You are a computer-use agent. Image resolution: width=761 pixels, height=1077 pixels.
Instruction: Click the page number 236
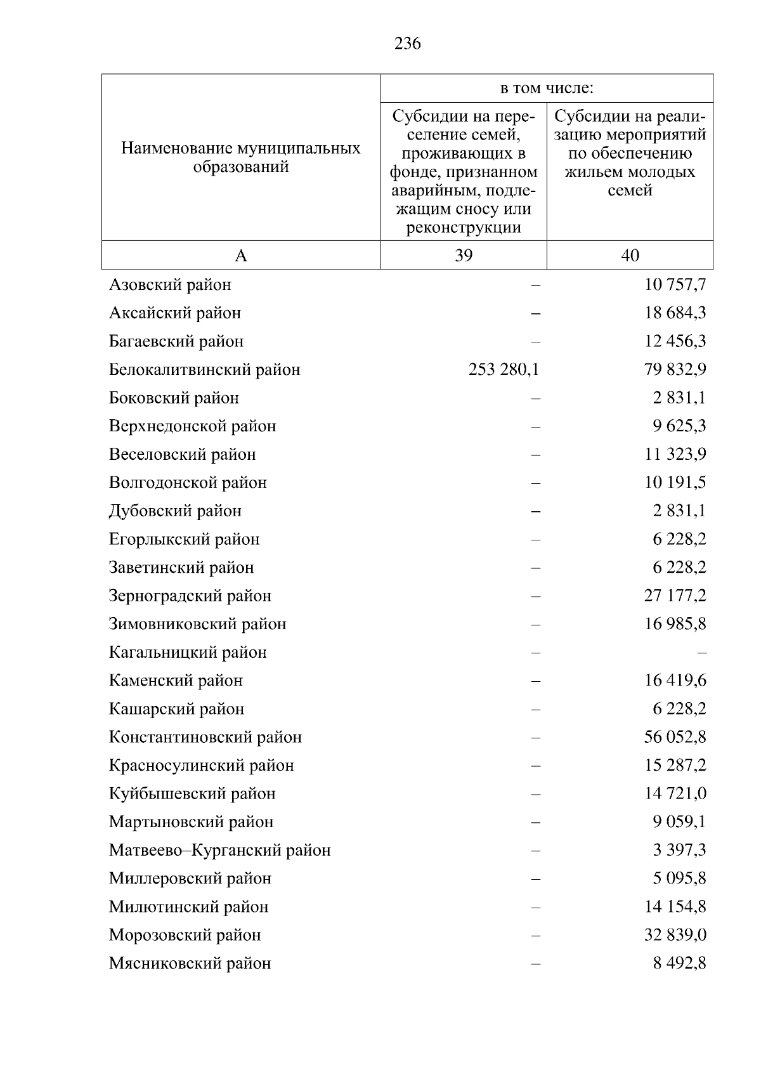(x=407, y=44)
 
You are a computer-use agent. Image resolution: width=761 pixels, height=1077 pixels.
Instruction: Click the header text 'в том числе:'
(x=547, y=88)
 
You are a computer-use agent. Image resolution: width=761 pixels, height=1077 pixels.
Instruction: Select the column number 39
(x=464, y=255)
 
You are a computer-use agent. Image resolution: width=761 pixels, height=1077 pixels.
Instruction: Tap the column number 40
(x=630, y=255)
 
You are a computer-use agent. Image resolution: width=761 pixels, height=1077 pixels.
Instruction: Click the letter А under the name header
(x=241, y=256)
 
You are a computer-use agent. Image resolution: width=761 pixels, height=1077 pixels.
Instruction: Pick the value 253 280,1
(x=504, y=370)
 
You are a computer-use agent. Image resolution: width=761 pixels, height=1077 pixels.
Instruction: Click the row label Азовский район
(x=170, y=285)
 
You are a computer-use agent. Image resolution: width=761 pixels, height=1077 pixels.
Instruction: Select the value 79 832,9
(x=675, y=370)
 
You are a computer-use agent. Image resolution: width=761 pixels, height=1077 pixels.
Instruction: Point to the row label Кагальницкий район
(x=188, y=653)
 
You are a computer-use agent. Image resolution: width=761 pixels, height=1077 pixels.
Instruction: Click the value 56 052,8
(x=675, y=737)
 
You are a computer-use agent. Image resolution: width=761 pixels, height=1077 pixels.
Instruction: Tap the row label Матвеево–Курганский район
(x=219, y=851)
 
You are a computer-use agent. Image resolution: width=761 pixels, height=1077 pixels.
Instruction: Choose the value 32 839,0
(x=675, y=936)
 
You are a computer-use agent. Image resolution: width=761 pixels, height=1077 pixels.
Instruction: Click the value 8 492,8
(x=679, y=963)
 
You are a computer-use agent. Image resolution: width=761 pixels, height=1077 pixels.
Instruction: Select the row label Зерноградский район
(x=190, y=596)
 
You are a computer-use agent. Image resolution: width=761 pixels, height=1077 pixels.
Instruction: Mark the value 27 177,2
(x=675, y=596)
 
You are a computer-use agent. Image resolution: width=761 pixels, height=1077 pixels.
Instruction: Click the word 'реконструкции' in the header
(x=464, y=228)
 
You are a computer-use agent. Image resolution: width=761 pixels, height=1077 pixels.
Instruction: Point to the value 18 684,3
(x=675, y=313)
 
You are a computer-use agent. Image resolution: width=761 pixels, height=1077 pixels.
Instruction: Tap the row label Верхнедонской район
(x=192, y=426)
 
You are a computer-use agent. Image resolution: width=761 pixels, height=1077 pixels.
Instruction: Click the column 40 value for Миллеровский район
(x=679, y=878)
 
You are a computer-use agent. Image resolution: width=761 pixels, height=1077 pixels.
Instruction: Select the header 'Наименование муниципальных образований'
(x=241, y=157)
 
